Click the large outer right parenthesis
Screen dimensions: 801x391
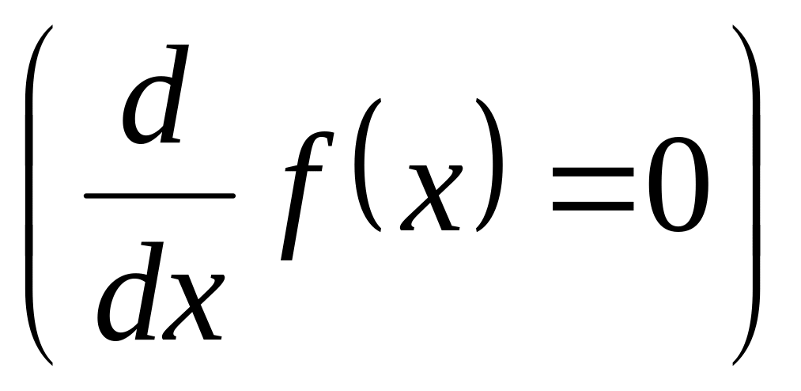(752, 194)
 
